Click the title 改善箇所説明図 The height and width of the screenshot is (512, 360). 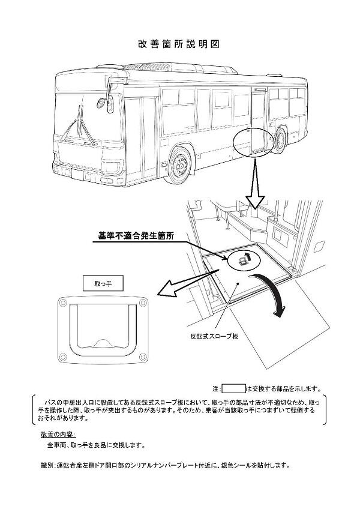pyautogui.click(x=180, y=44)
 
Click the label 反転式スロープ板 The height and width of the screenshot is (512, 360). pyautogui.click(x=214, y=337)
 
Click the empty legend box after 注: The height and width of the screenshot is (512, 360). pyautogui.click(x=234, y=388)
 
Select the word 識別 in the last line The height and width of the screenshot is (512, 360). pyautogui.click(x=47, y=465)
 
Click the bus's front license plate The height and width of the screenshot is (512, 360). pyautogui.click(x=78, y=175)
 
